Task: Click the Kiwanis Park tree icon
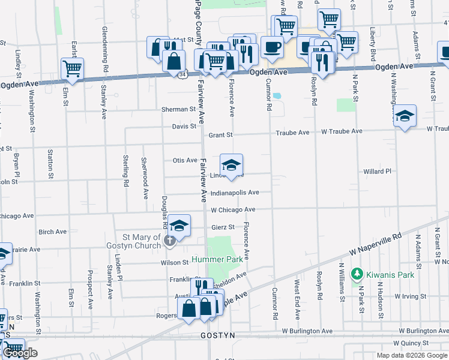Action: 357,274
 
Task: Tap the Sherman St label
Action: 179,110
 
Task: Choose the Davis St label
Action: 184,127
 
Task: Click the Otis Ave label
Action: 185,160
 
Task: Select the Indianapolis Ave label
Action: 234,193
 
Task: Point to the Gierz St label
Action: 222,227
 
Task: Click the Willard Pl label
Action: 377,172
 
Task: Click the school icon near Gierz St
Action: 179,226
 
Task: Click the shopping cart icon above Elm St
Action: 72,68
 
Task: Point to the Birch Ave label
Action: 52,232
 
